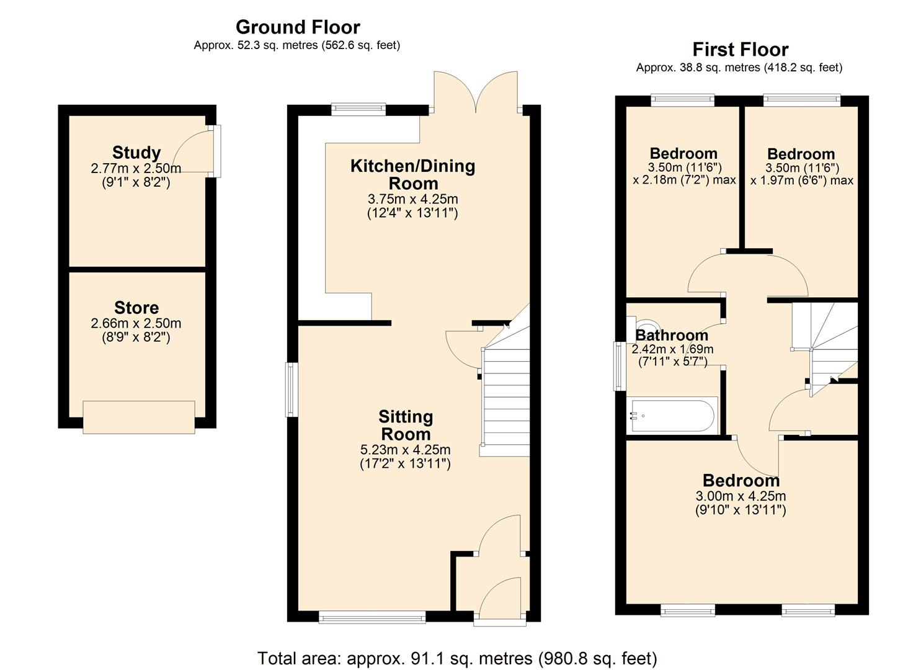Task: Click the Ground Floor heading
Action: click(x=298, y=27)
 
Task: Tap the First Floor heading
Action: click(x=741, y=50)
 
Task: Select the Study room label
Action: click(x=136, y=153)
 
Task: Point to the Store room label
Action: click(x=136, y=308)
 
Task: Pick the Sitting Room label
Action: click(x=406, y=426)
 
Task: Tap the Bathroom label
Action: click(x=672, y=335)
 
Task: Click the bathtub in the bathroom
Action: click(x=672, y=416)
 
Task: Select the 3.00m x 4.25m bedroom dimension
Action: click(x=741, y=496)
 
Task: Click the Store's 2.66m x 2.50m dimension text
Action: click(x=136, y=323)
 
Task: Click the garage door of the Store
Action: click(x=139, y=417)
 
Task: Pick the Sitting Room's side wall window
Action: click(x=291, y=390)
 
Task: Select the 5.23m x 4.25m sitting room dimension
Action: click(x=406, y=450)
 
